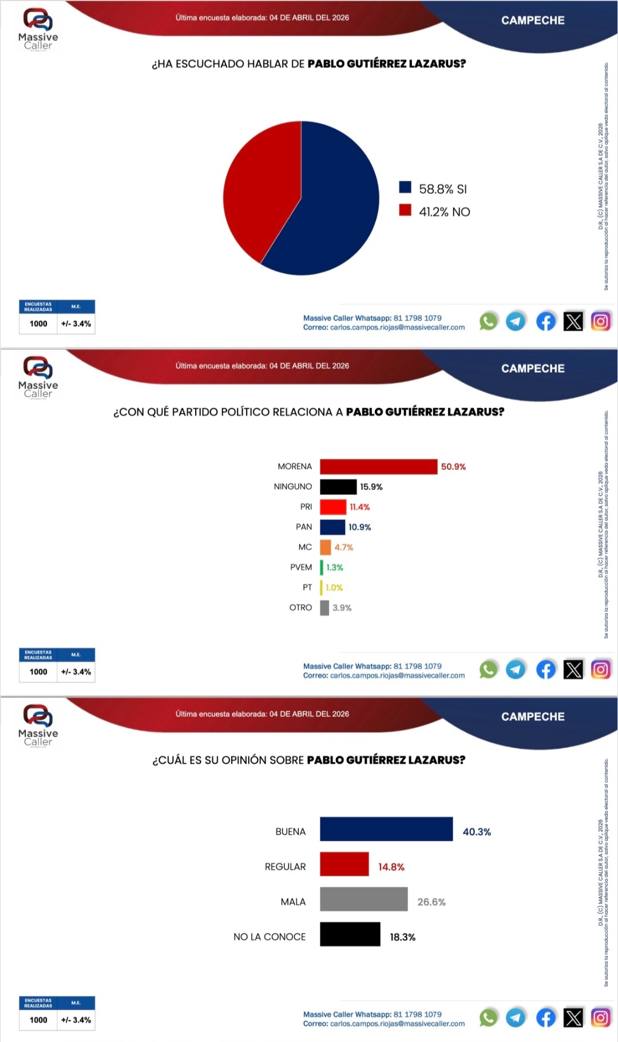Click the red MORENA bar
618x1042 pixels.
378,466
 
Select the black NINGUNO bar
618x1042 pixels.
338,486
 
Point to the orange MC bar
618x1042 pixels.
326,547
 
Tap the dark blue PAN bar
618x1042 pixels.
332,527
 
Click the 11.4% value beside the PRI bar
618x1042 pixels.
360,507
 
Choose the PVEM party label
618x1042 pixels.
301,567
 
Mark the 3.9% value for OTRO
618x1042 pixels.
342,608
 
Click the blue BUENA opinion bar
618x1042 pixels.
386,829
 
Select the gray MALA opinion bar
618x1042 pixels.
363,899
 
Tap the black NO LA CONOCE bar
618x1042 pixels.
350,934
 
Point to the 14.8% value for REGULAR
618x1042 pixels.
391,867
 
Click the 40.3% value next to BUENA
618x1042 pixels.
477,832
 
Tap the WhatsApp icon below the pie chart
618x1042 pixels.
488,322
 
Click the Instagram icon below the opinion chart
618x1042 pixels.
600,1018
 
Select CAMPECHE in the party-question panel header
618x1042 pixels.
533,369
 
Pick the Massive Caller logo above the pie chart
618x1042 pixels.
38,29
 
